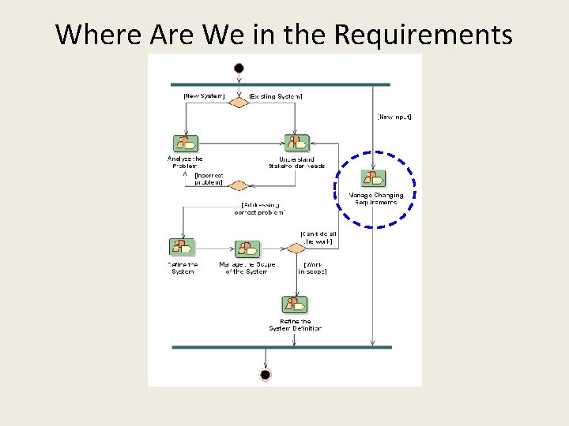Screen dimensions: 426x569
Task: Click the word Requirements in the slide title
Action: click(424, 35)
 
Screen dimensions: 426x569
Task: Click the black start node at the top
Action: click(239, 68)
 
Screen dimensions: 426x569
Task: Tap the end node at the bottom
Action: click(265, 374)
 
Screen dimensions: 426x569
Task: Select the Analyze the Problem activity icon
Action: click(186, 144)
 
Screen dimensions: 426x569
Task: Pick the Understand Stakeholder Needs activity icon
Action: click(296, 144)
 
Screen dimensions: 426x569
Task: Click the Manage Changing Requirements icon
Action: click(373, 179)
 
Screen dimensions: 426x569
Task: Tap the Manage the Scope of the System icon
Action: click(247, 248)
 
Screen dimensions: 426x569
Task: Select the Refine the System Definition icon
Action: click(295, 305)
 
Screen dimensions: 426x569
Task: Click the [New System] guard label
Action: click(204, 96)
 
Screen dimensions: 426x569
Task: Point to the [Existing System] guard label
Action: click(276, 96)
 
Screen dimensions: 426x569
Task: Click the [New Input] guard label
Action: click(394, 117)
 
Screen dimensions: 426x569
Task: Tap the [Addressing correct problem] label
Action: click(258, 208)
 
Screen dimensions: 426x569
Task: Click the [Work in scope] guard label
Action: click(312, 267)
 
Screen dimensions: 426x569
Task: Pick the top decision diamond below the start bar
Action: click(239, 102)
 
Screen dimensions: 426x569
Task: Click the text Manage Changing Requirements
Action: click(376, 199)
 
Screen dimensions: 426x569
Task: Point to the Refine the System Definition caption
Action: click(295, 325)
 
